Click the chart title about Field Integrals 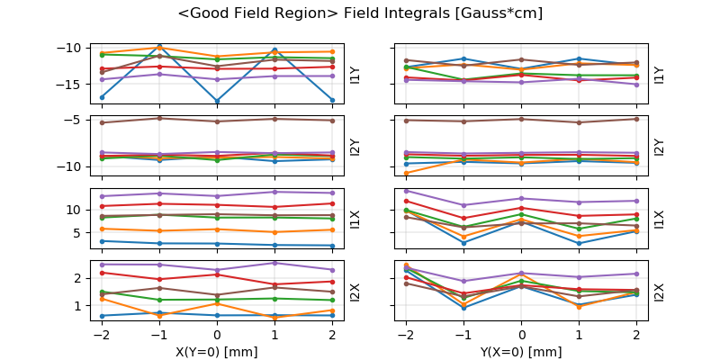tap(360, 13)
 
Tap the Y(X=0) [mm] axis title tap(522, 352)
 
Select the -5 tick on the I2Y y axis tap(76, 119)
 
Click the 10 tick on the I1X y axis tap(78, 209)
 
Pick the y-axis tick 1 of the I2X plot tap(81, 305)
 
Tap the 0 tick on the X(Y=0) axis tap(217, 334)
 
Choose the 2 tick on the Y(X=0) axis tap(636, 334)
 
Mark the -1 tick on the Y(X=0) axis tap(463, 334)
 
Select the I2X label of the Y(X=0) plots tap(659, 292)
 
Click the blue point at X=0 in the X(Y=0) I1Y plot tap(217, 101)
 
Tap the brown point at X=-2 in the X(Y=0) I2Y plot tap(102, 122)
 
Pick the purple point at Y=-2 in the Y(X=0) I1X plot tap(406, 191)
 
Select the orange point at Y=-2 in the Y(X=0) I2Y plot tap(406, 173)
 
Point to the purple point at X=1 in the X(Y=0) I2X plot tap(274, 263)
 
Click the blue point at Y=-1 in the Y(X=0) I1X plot tap(463, 243)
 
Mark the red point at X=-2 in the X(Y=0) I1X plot tap(102, 206)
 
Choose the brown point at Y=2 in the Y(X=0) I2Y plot tap(636, 119)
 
